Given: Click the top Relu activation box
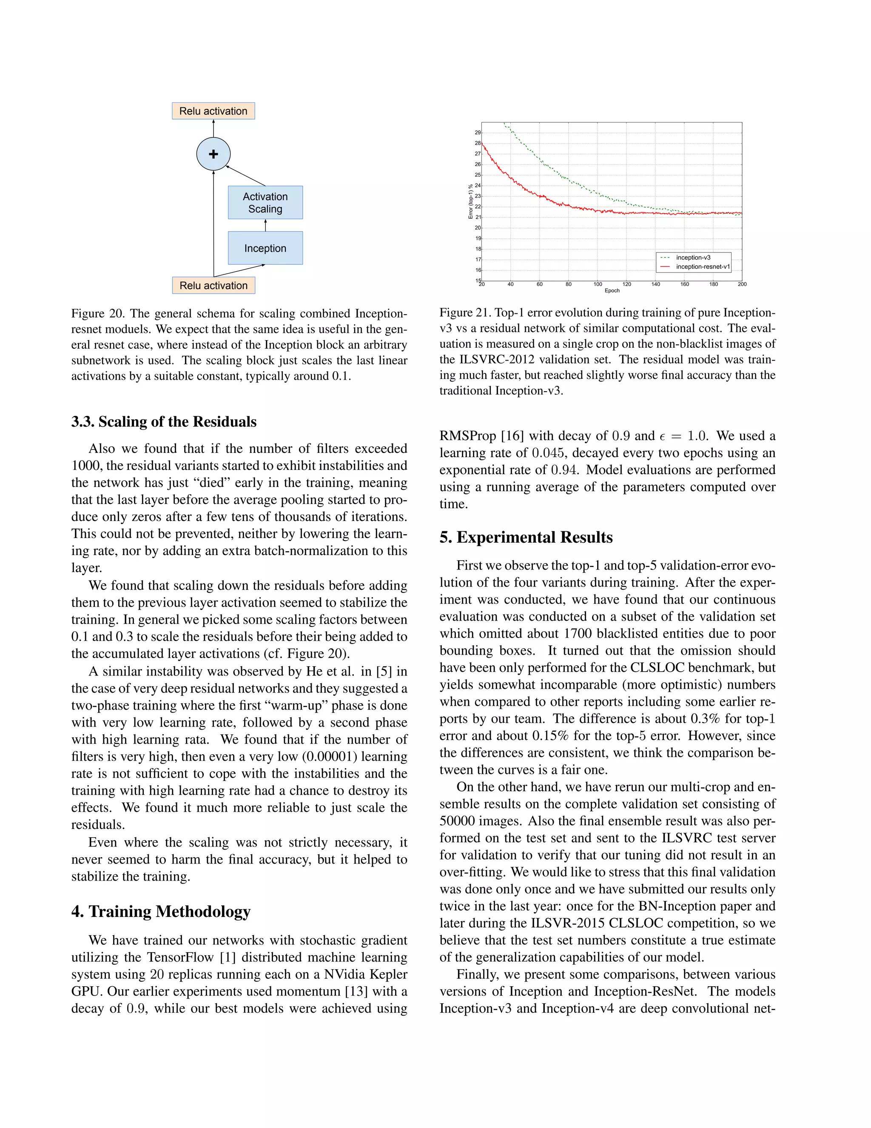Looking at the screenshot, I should [213, 111].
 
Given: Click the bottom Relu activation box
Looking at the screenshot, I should [213, 286].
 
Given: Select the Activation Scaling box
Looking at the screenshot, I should [265, 203].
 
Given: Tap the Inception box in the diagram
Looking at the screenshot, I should [265, 249].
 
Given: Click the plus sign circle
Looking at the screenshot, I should [213, 154].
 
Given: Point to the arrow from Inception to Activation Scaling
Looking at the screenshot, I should [265, 226].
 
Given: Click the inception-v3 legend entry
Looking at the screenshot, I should [693, 257].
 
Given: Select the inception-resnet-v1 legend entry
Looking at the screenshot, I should [702, 266].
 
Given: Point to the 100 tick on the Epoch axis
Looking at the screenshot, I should [598, 284].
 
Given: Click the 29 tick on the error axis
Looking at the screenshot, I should [478, 133].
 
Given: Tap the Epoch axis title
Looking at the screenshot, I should [612, 291].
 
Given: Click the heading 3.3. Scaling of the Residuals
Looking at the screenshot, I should [164, 422].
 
